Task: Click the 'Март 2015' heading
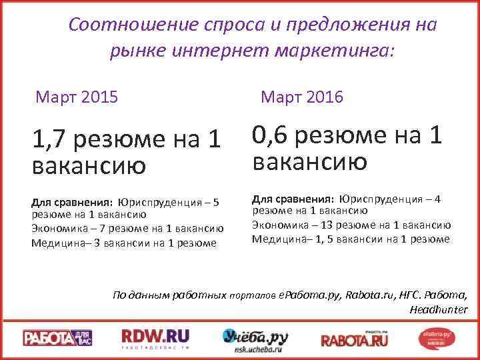[x=77, y=98]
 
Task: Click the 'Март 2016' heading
[x=302, y=97]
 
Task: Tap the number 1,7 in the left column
[x=50, y=139]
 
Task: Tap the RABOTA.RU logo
[x=353, y=337]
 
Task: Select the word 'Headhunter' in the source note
[x=439, y=309]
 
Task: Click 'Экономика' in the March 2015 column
[x=57, y=229]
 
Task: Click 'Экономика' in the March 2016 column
[x=277, y=225]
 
